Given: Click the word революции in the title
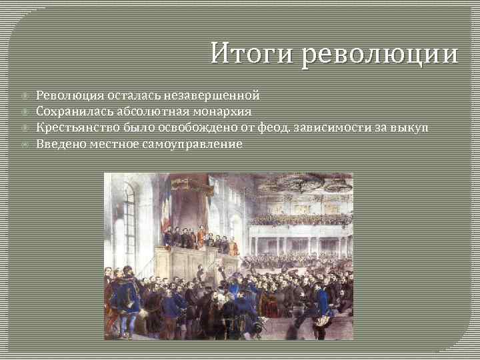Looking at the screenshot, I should coord(380,53).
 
